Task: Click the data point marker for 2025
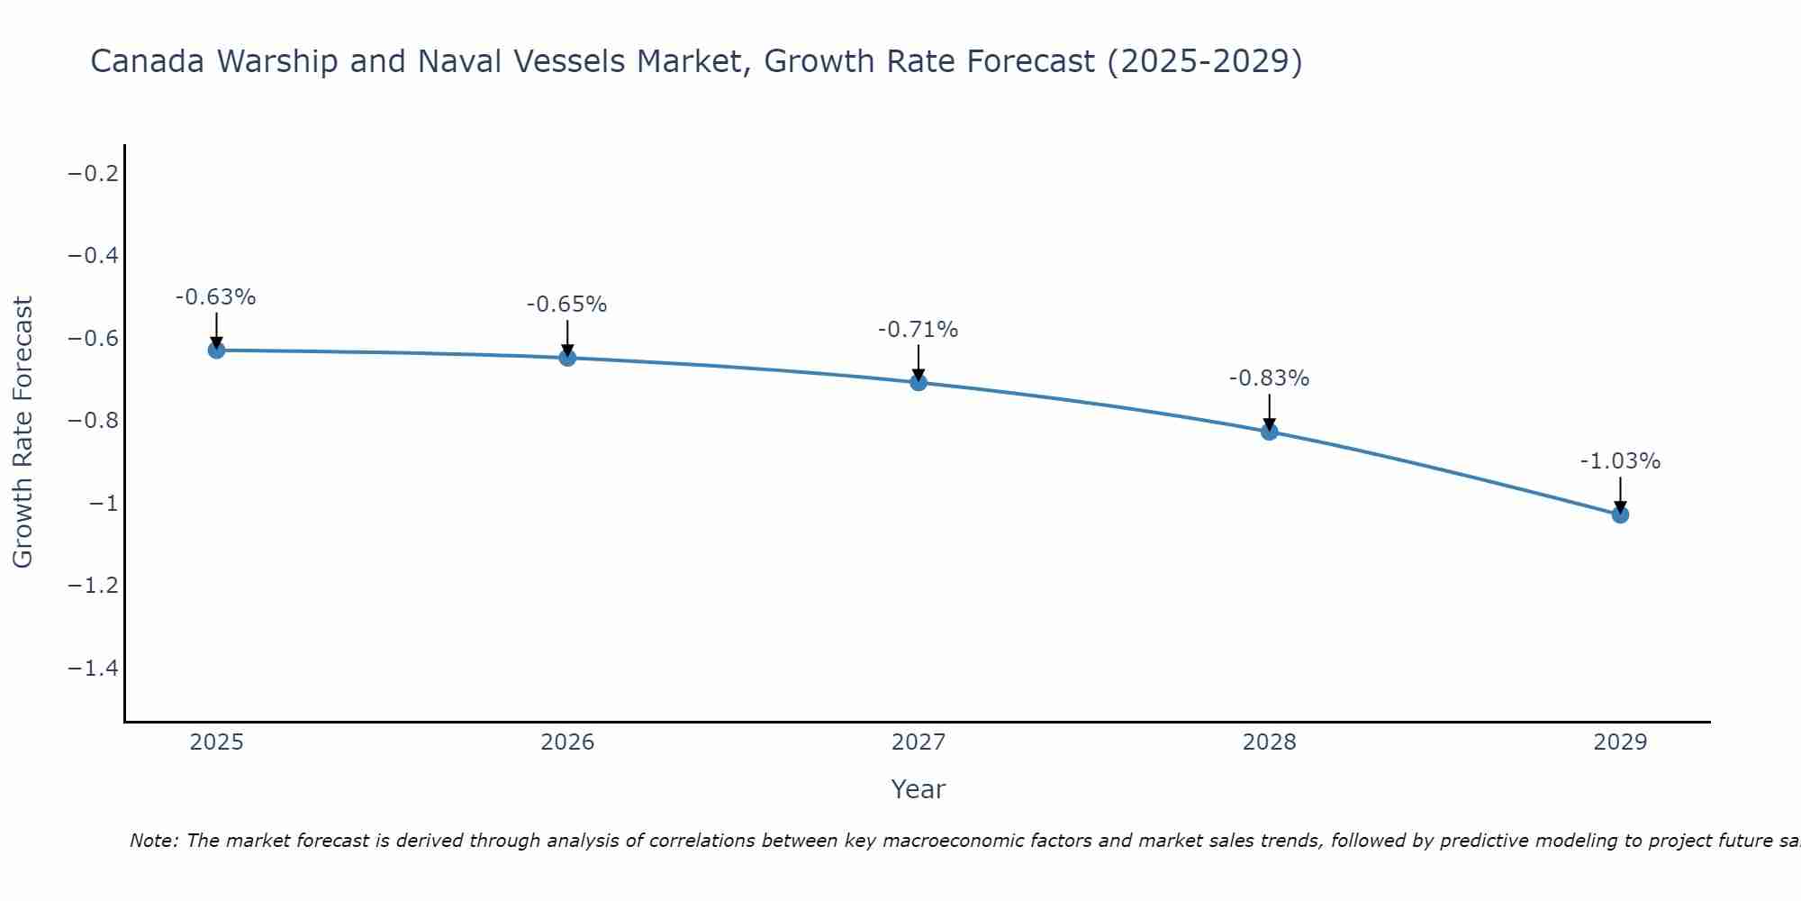click(216, 350)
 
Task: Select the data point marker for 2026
click(567, 358)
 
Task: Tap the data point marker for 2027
click(919, 382)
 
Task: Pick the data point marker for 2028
click(1270, 432)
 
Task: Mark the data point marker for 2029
click(1620, 514)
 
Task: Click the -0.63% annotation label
click(216, 297)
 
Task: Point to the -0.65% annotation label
click(567, 305)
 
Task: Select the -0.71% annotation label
click(919, 330)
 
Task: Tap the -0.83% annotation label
click(1270, 378)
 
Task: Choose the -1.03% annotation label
click(1620, 461)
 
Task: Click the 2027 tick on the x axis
click(919, 742)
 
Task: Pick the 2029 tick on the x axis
click(1620, 742)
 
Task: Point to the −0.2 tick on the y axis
click(94, 173)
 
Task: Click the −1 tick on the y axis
click(104, 504)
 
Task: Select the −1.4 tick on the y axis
click(94, 669)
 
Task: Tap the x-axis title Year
click(919, 789)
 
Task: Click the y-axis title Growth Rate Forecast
click(23, 432)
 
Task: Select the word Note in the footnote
click(153, 841)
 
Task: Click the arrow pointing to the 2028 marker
click(1270, 412)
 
